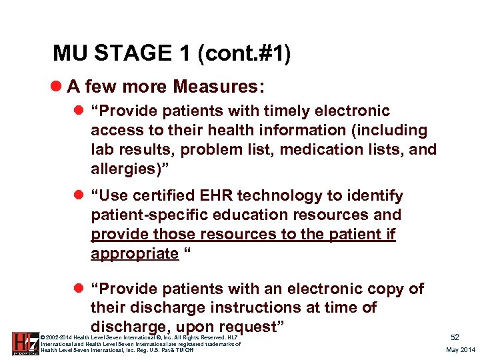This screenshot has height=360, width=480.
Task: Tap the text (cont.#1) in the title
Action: click(x=243, y=53)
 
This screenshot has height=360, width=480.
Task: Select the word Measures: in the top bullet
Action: click(x=219, y=86)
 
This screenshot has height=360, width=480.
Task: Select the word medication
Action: click(x=317, y=149)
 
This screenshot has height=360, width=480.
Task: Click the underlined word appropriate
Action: click(x=135, y=253)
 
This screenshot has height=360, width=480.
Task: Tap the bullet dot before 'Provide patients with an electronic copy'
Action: click(x=80, y=289)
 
